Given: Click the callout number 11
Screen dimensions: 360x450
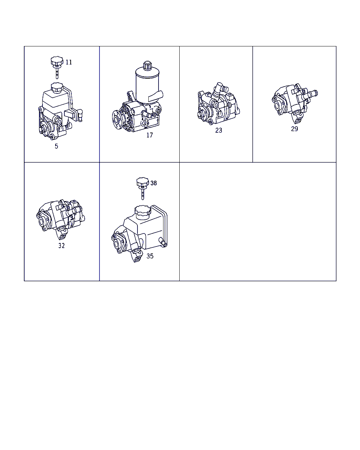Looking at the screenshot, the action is tap(69, 62).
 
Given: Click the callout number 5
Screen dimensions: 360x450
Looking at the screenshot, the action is tap(57, 146).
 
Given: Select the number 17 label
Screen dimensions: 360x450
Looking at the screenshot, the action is tap(149, 135).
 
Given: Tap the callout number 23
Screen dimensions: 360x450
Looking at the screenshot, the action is tap(219, 130).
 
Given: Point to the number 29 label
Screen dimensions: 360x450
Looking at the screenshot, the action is tap(294, 129).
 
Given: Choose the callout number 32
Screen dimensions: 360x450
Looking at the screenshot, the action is tap(62, 246).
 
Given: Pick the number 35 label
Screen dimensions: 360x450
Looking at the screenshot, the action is tap(150, 256).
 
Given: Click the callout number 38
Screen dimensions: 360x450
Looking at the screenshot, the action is tap(154, 183).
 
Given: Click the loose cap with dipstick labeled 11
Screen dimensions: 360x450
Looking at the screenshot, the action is tap(57, 67).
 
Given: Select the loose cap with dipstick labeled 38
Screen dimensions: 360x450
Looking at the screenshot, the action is tap(143, 188).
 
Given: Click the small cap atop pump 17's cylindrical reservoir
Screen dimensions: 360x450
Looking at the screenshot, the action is tap(147, 65).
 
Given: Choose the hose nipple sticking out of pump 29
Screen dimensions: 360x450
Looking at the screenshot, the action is tap(312, 94).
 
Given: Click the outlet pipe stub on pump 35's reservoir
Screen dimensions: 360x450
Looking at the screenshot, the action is tap(163, 242).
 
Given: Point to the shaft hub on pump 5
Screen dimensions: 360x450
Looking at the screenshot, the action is tap(43, 129).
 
